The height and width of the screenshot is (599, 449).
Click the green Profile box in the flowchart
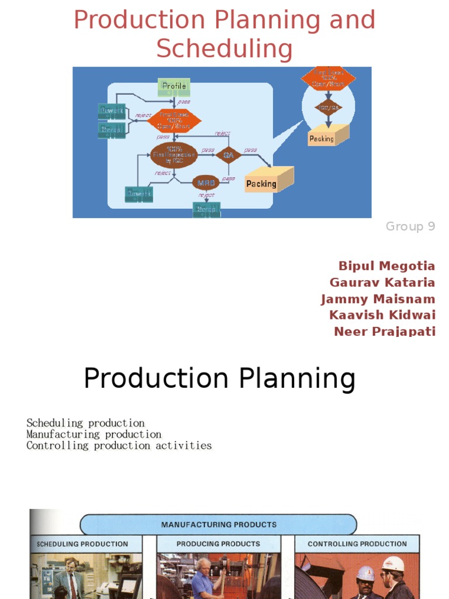point(174,87)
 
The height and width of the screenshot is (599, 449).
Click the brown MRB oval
point(205,182)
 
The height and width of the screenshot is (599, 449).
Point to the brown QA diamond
point(228,155)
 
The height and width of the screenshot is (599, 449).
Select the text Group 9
point(410,226)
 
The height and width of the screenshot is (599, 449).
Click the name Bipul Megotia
point(388,266)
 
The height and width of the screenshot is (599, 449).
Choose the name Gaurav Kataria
point(382,283)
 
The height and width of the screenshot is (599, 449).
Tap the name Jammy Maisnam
point(378,299)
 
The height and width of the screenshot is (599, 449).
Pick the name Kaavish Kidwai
point(382,315)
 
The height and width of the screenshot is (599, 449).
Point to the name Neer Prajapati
point(385,332)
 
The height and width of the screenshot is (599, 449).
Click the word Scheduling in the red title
point(224,49)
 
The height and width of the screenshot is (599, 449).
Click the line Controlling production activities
point(119,446)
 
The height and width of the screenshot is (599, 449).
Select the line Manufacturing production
point(94,435)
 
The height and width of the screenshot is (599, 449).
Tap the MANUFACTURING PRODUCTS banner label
point(219,525)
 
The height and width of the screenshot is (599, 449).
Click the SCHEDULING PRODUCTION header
point(82,544)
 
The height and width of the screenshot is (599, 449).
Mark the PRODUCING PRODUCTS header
point(218,544)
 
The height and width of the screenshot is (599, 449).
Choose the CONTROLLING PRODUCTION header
point(357,544)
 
